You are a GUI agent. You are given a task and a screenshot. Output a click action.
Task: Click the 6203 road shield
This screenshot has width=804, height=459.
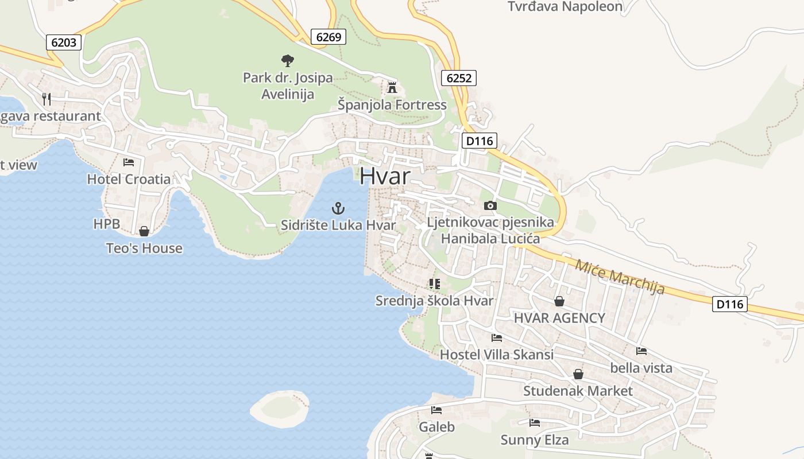pyautogui.click(x=64, y=42)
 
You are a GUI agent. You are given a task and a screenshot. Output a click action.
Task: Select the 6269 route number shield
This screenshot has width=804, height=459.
pyautogui.click(x=329, y=37)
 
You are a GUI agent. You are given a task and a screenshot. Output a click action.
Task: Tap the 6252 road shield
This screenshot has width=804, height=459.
pyautogui.click(x=459, y=78)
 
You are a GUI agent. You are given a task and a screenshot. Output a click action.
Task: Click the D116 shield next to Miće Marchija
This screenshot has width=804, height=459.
pyautogui.click(x=730, y=304)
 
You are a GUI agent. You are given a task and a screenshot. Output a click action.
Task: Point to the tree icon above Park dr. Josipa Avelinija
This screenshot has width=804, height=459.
pyautogui.click(x=287, y=60)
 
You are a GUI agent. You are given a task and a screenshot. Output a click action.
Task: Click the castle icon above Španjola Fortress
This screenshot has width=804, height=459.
pyautogui.click(x=392, y=88)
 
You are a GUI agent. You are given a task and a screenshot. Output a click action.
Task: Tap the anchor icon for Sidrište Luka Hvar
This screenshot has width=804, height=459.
pyautogui.click(x=338, y=208)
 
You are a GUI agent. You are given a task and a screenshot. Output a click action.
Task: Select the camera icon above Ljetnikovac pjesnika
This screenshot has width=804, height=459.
pyautogui.click(x=490, y=205)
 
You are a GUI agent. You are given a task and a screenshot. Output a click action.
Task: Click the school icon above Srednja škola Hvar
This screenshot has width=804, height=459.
pyautogui.click(x=435, y=283)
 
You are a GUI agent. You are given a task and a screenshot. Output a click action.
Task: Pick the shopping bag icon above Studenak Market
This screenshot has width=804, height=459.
pyautogui.click(x=578, y=374)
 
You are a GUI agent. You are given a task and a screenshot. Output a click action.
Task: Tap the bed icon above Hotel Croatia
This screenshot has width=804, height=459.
pyautogui.click(x=129, y=162)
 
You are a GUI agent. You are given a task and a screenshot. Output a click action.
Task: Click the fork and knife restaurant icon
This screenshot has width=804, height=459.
pyautogui.click(x=47, y=99)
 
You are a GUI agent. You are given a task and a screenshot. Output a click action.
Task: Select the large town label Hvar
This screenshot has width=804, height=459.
pyautogui.click(x=385, y=176)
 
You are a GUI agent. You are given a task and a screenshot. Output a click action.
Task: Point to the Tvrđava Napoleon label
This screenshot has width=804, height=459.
pyautogui.click(x=565, y=7)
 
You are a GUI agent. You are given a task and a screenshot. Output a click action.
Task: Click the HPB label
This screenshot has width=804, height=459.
pyautogui.click(x=107, y=224)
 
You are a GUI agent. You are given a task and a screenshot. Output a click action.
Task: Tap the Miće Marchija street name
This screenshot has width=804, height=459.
pyautogui.click(x=620, y=277)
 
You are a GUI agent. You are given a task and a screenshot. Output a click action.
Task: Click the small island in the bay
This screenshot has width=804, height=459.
pyautogui.click(x=280, y=409)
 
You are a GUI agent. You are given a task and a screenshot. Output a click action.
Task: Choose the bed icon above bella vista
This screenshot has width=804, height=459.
pyautogui.click(x=641, y=351)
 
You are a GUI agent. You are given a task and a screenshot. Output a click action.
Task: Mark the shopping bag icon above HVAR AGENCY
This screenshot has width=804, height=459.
pyautogui.click(x=559, y=301)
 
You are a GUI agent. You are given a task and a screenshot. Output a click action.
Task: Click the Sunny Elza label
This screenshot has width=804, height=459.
pyautogui.click(x=535, y=440)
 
